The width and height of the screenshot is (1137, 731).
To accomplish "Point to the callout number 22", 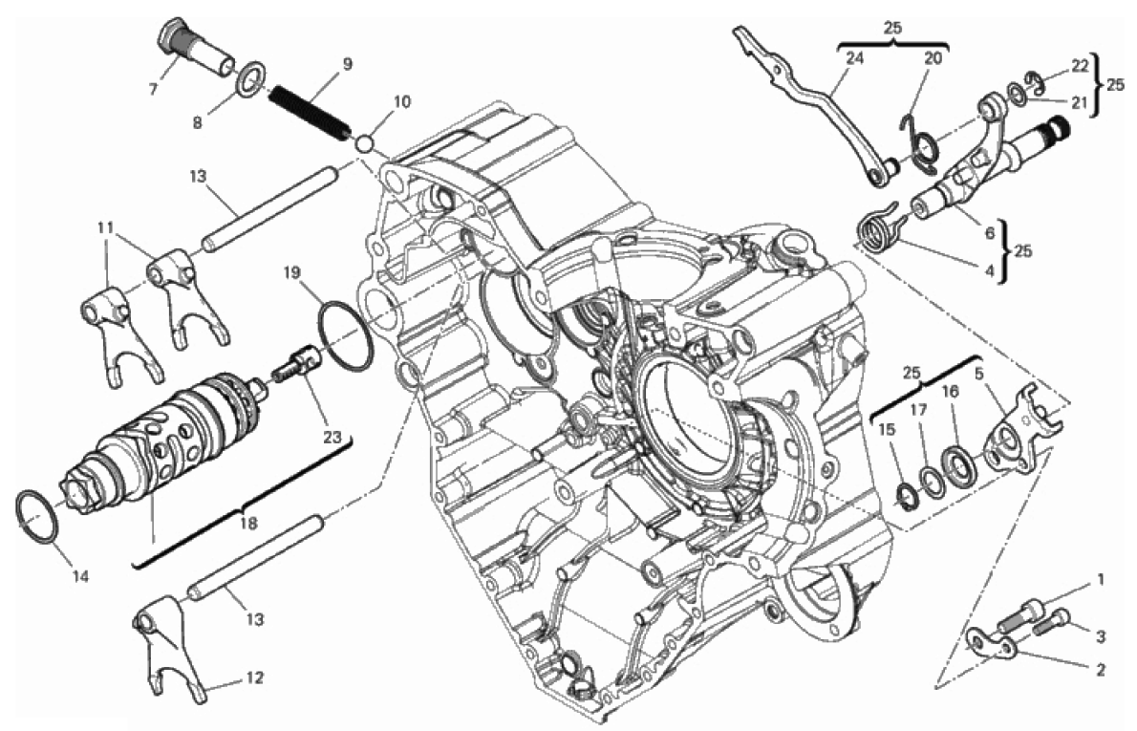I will point(1080,65).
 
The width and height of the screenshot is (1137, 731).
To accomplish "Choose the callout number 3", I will point(1101,636).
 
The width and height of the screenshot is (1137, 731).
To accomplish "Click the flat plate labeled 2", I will point(994,647).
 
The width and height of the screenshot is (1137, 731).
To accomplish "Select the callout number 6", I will point(989,231).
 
